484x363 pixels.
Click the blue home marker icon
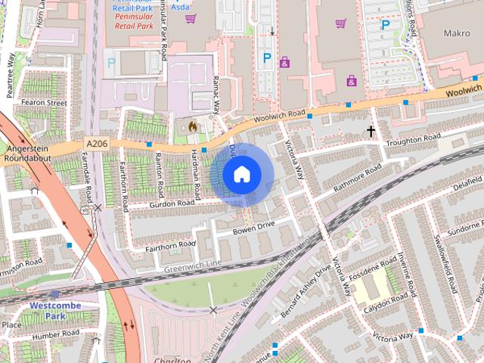[x=241, y=175]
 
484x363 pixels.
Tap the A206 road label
[x=96, y=142]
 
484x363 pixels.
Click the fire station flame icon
[x=192, y=126]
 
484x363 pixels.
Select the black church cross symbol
[x=371, y=132]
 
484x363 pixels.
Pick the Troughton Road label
[x=412, y=141]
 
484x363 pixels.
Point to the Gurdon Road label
[x=172, y=203]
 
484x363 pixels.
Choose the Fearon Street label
[x=44, y=102]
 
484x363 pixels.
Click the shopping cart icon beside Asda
[x=191, y=18]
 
